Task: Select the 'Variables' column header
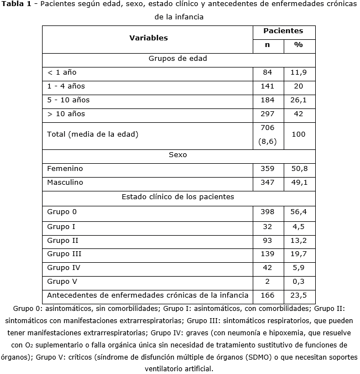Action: (148, 38)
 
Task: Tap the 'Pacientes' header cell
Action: (283, 31)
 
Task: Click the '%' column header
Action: (299, 45)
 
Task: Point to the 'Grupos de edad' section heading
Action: (178, 58)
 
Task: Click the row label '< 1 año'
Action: (62, 72)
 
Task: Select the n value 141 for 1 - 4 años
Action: (267, 86)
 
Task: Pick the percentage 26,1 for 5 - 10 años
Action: (299, 100)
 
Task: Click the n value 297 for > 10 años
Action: (267, 114)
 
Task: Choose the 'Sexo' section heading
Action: (178, 155)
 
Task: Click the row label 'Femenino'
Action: (65, 169)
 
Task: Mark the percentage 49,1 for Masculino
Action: (299, 183)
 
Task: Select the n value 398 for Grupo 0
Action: (267, 212)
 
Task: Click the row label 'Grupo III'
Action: (64, 253)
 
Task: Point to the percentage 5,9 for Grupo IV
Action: (299, 267)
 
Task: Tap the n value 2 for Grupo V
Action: (267, 281)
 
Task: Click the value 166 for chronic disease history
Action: (267, 295)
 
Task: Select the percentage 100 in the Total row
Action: (299, 134)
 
